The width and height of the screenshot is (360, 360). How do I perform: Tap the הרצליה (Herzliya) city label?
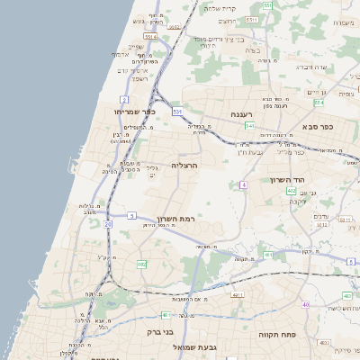click(184, 166)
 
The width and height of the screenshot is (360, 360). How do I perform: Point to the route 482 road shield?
click(141, 265)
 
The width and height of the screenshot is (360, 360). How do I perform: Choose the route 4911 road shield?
click(238, 294)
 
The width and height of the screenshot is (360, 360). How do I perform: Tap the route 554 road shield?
click(149, 36)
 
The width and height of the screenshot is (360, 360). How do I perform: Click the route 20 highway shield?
click(108, 223)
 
